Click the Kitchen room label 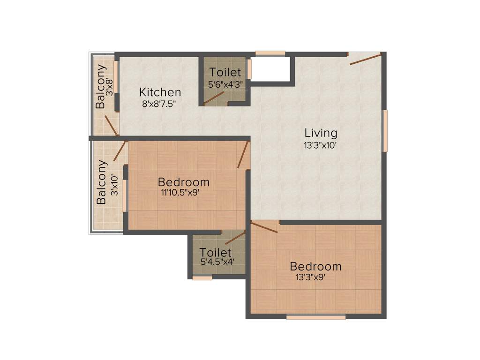click(x=160, y=92)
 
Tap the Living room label click(x=321, y=132)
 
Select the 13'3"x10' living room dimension click(x=321, y=145)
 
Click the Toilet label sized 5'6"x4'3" click(x=225, y=73)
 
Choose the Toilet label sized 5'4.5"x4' click(x=215, y=253)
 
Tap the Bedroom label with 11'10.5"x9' click(x=183, y=182)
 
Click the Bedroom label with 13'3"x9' click(x=315, y=267)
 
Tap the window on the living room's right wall click(x=385, y=131)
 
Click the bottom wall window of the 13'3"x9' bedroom click(x=315, y=317)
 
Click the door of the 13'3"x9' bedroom click(x=264, y=227)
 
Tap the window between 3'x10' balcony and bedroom click(x=125, y=195)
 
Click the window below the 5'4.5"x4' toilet click(x=202, y=278)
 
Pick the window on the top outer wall click(x=270, y=53)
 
